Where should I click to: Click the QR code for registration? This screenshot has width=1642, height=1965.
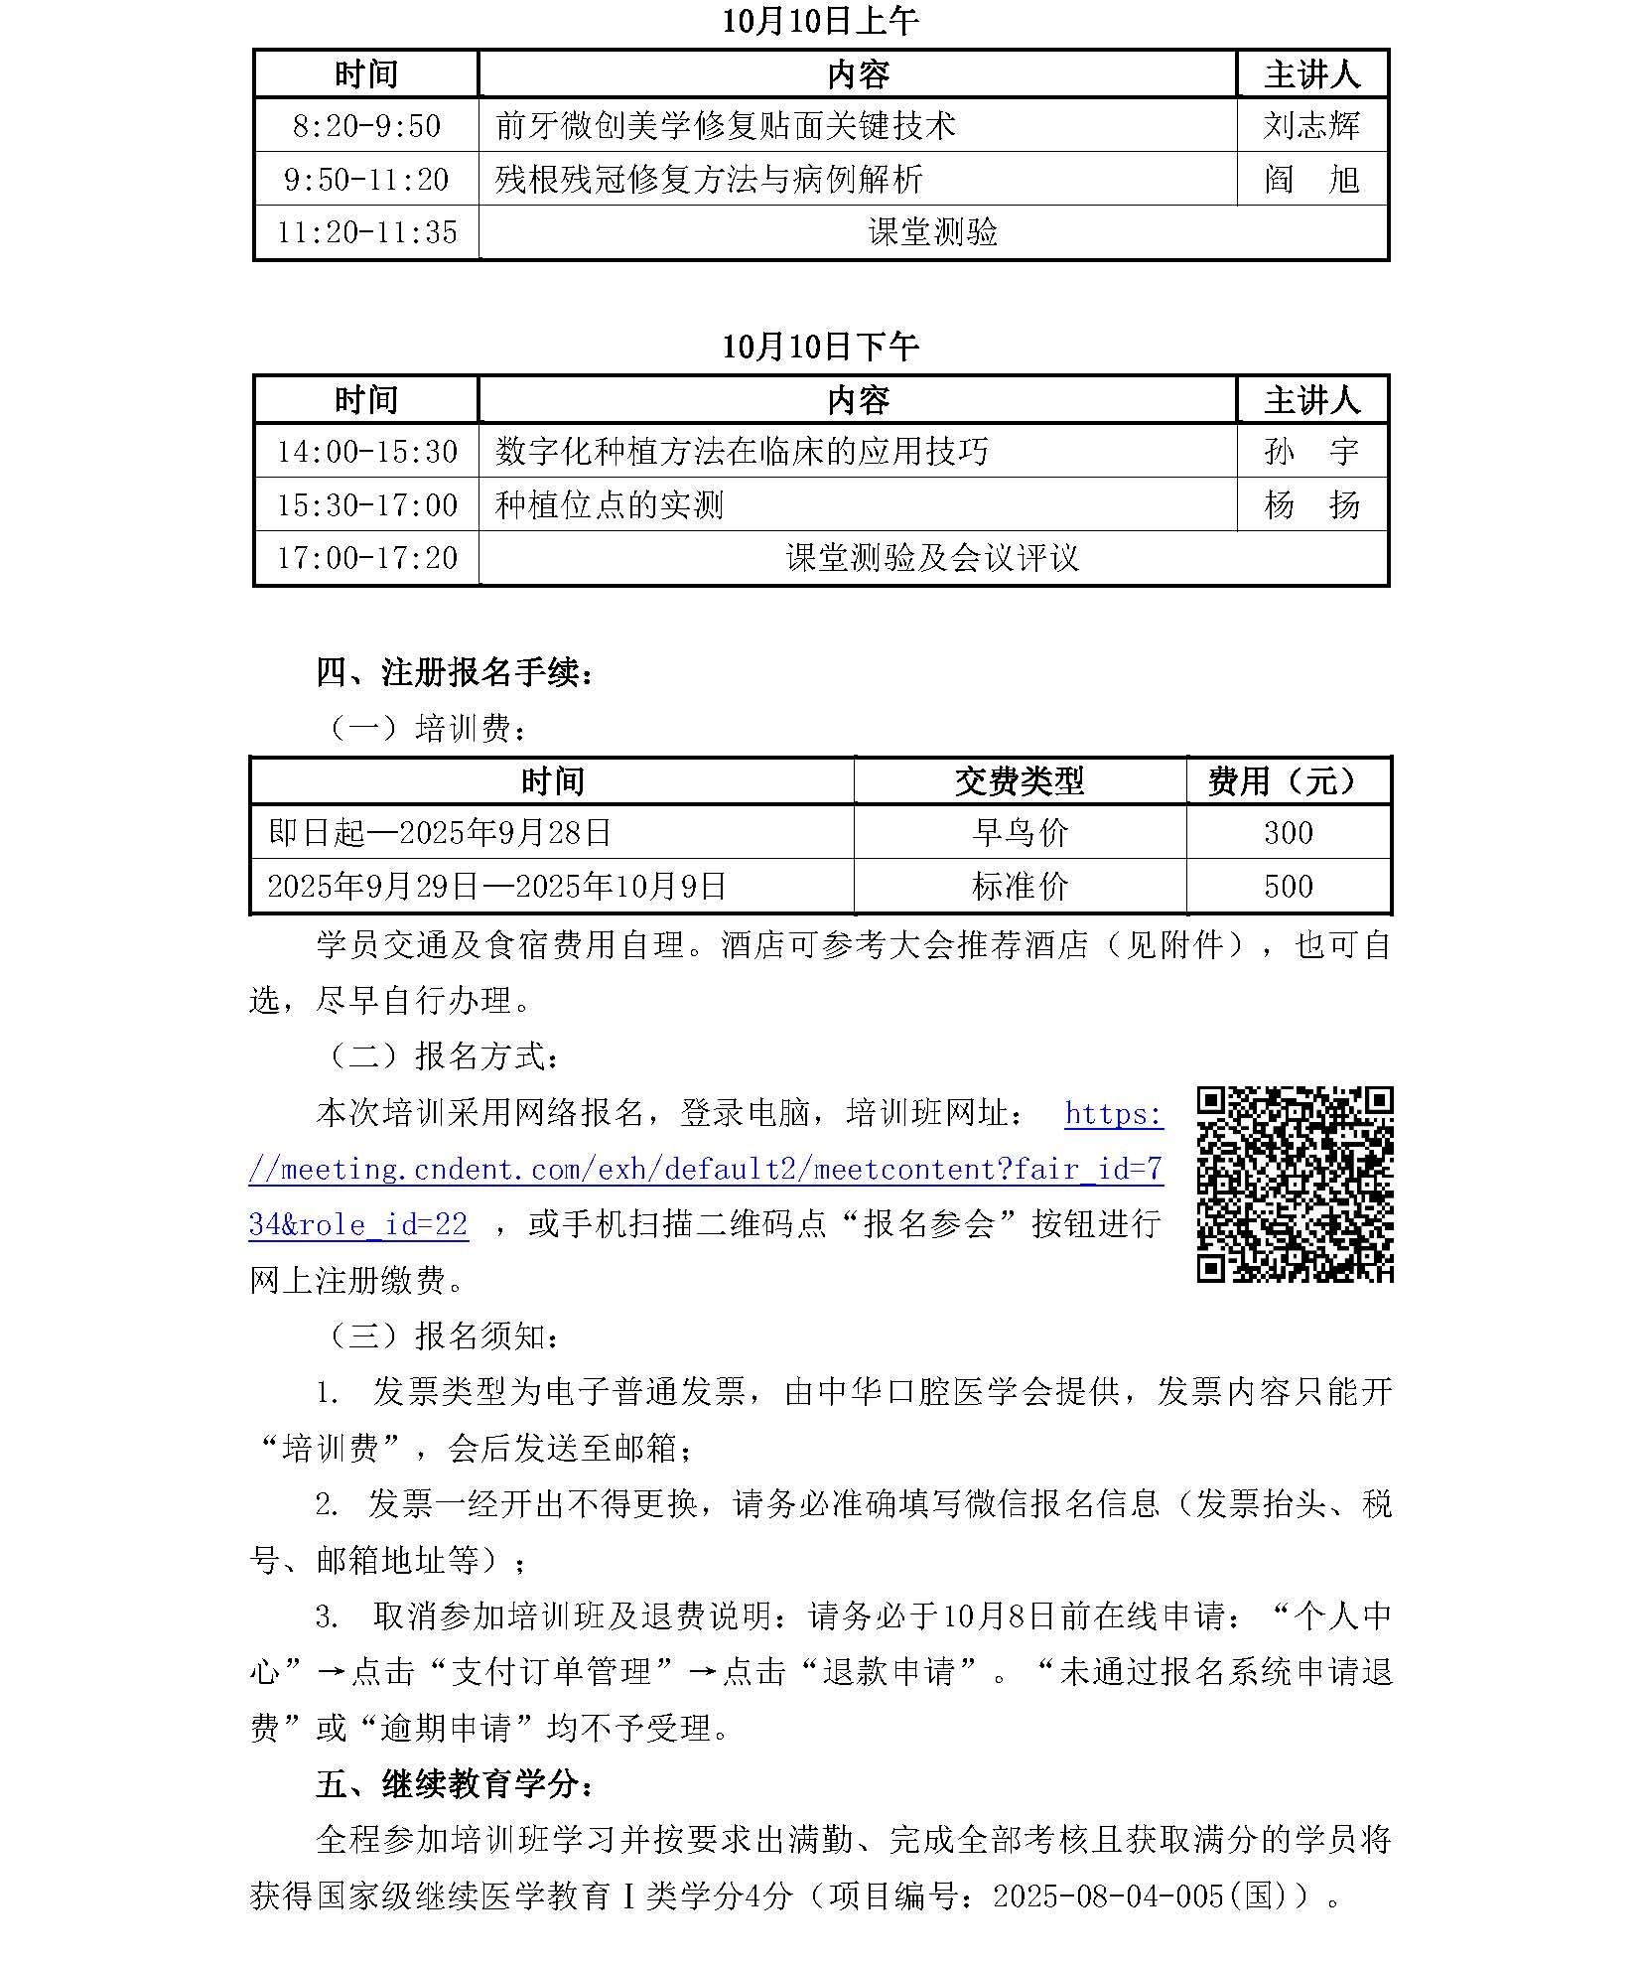click(1295, 1184)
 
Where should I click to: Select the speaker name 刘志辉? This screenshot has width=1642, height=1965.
click(1310, 126)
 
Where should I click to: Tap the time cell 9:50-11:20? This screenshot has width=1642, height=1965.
click(366, 180)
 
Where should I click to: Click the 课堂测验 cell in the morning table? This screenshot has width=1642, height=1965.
click(932, 232)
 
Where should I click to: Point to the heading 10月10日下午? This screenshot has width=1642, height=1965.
click(820, 347)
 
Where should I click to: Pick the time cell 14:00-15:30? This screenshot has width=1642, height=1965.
click(366, 452)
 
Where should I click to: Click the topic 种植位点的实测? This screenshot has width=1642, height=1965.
click(609, 505)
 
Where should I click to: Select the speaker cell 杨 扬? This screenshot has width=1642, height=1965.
click(1310, 505)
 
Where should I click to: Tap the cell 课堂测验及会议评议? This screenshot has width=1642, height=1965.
click(932, 558)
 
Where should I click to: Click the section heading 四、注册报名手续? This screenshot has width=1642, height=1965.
click(456, 672)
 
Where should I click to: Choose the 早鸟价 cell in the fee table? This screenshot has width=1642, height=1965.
click(1020, 832)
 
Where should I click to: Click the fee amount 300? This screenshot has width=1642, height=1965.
click(1288, 832)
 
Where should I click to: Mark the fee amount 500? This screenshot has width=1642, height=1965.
click(1288, 886)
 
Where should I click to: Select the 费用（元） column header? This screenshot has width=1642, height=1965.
click(1288, 781)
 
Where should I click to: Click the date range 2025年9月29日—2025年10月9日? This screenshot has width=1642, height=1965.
click(497, 886)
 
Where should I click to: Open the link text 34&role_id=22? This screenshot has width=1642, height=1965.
click(358, 1224)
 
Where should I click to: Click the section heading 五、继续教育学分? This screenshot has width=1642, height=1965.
click(456, 1784)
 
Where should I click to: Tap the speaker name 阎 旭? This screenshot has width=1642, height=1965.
click(1310, 180)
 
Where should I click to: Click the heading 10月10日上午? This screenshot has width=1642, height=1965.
click(820, 21)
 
